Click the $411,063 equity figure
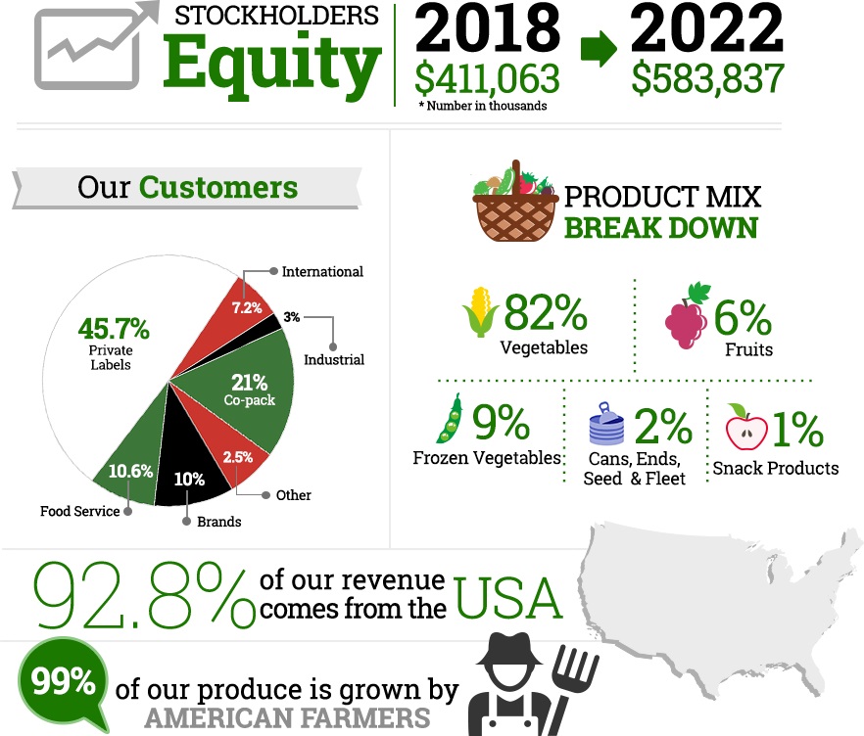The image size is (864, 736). (x=487, y=79)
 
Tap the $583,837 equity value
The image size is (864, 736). (x=707, y=79)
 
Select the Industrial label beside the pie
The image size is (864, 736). (x=333, y=359)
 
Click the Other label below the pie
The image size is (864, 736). (x=293, y=495)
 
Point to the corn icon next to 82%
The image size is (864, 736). (x=481, y=312)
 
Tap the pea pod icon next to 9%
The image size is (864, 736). (x=450, y=421)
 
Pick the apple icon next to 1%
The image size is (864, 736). (x=746, y=428)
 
